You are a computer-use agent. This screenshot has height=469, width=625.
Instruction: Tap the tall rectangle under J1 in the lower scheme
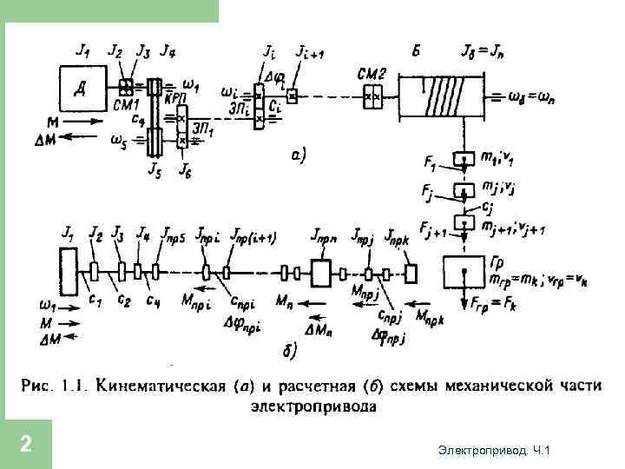click(x=65, y=272)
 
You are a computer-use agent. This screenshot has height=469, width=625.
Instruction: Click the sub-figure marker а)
click(x=295, y=156)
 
